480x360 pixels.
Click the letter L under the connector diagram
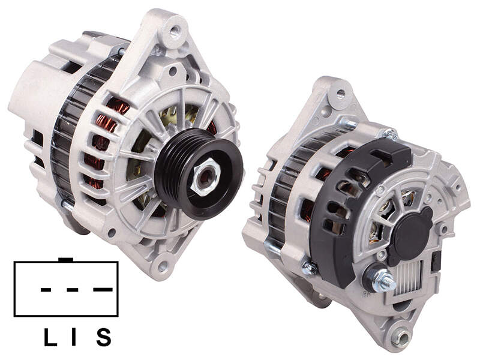pyautogui.click(x=50, y=337)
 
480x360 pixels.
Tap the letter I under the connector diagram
pyautogui.click(x=74, y=337)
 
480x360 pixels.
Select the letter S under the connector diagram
pyautogui.click(x=103, y=337)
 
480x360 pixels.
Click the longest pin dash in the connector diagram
pyautogui.click(x=103, y=290)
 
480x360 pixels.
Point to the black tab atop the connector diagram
pyautogui.click(x=65, y=260)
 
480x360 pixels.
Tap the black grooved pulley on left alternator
pyautogui.click(x=199, y=174)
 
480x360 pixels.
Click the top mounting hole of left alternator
pyautogui.click(x=175, y=31)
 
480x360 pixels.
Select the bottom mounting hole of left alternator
pyautogui.click(x=162, y=266)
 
